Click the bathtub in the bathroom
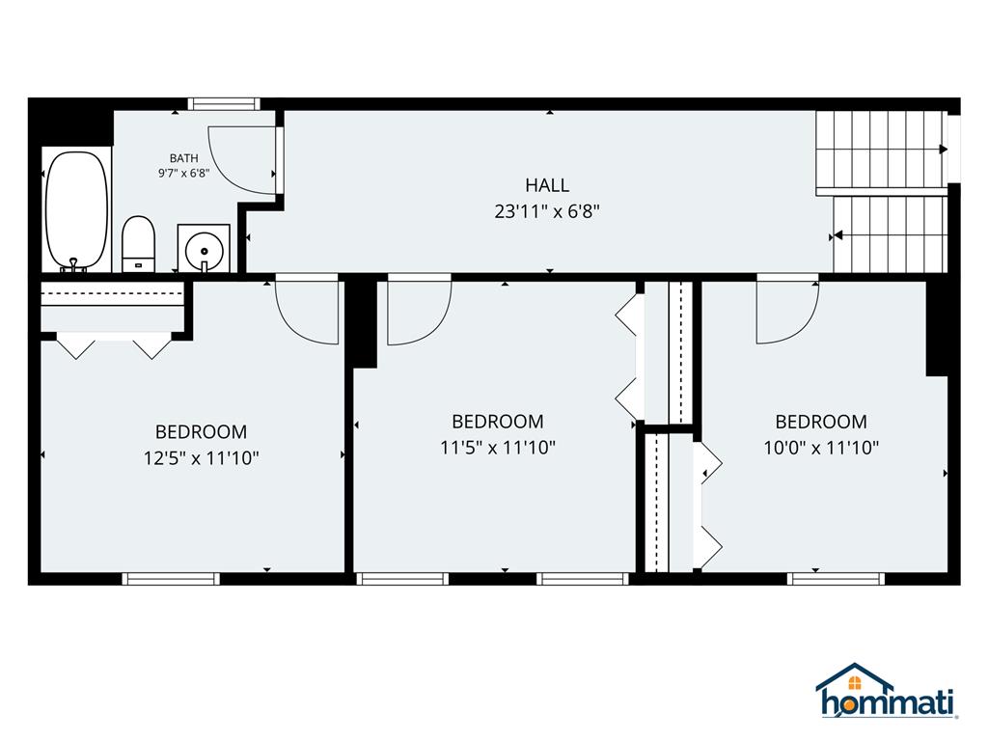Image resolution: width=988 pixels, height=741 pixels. pos(76,211)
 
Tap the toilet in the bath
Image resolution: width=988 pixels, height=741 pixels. pos(139,244)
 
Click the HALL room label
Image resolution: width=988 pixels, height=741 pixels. pos(547,185)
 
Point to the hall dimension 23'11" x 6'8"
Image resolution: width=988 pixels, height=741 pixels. pos(547,212)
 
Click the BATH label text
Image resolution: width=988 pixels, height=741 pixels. pos(183,158)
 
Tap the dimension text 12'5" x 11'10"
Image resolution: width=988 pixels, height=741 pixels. pos(201,458)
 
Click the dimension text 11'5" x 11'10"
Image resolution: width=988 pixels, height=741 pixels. pos(497,448)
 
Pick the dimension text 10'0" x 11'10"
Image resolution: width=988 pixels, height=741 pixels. pos(821,448)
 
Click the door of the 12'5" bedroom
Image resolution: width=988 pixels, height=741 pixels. pos(308,311)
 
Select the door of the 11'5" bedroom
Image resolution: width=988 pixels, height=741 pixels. pos(418,311)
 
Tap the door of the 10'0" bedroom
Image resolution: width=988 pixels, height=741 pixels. pos(786,311)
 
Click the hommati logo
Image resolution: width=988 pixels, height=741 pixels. pos(887,692)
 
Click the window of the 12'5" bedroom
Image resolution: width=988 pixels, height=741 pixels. pos(171,579)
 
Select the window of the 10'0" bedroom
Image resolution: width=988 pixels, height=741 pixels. pos(836,579)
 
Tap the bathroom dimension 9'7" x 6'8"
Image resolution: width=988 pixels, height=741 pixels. pos(183,174)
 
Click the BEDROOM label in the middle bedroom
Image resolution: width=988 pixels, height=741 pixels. pos(497,422)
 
